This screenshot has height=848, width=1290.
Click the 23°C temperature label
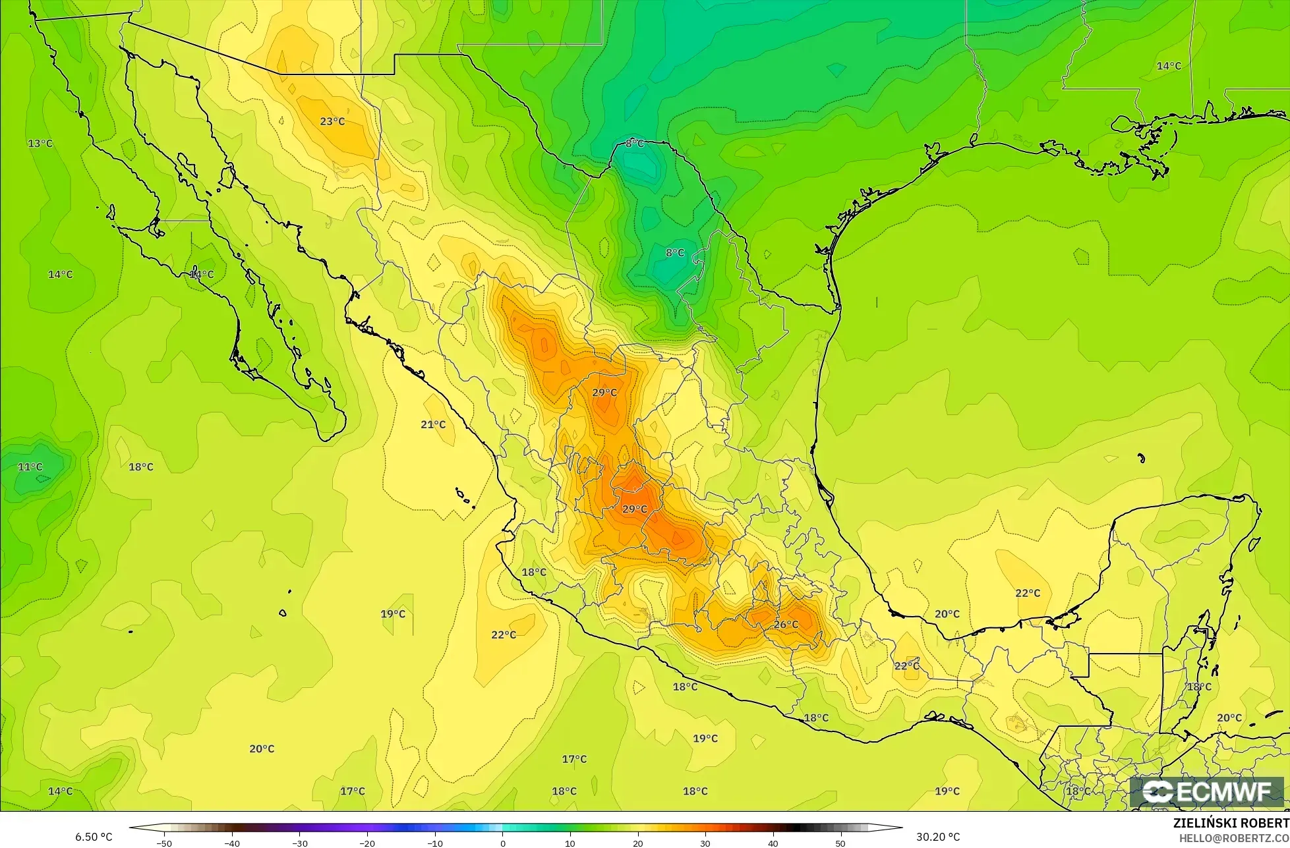332,121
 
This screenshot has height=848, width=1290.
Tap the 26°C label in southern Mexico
786,625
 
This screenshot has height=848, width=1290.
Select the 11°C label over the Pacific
30,466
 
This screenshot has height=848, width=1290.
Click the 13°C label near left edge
40,143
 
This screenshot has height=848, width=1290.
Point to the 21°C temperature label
433,424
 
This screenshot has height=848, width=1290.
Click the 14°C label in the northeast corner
1169,66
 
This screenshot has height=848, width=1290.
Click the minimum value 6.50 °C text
94,837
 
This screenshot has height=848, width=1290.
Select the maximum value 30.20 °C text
938,837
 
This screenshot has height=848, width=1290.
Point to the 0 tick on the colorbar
502,843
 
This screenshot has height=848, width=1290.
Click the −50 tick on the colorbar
164,843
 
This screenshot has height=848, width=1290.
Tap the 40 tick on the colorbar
773,843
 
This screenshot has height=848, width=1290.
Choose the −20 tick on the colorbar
367,843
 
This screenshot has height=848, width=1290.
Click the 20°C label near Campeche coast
947,614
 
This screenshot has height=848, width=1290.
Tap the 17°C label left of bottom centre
352,791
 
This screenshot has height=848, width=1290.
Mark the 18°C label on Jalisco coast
534,572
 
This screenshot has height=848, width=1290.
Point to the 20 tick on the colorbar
637,843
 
